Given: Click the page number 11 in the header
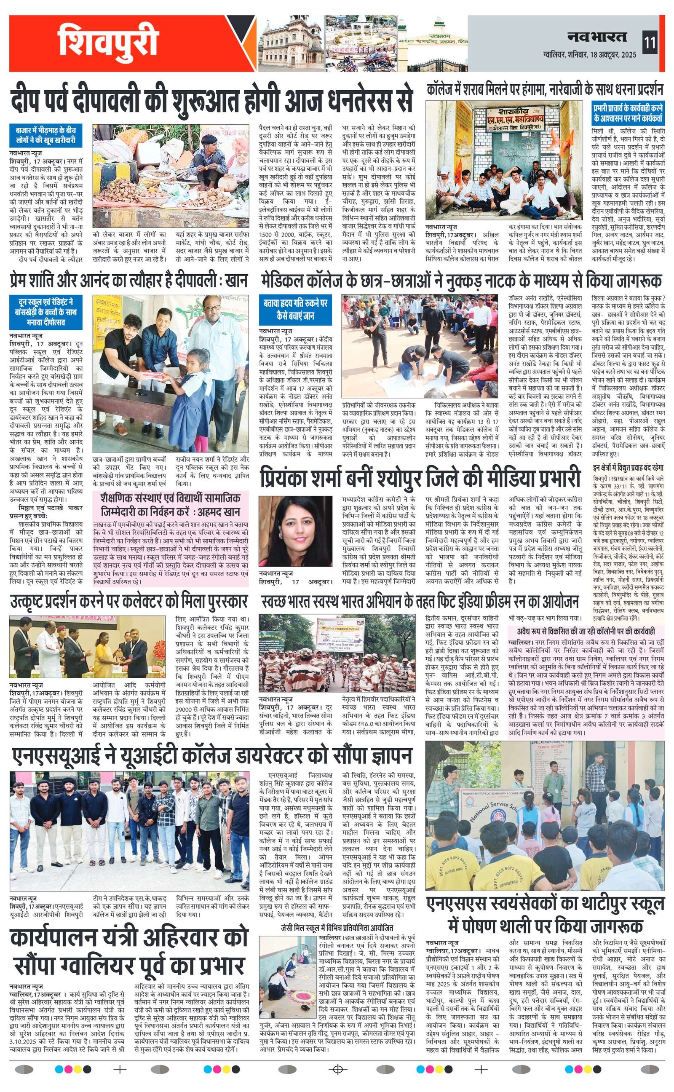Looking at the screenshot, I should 650,44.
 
